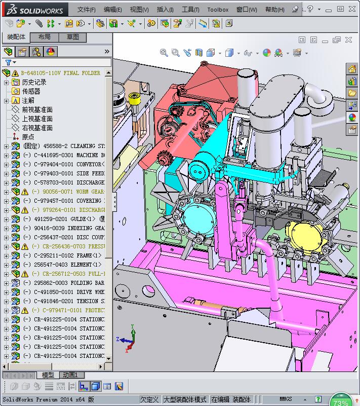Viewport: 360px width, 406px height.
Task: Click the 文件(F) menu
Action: (86, 9)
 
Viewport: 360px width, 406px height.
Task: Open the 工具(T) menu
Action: (190, 9)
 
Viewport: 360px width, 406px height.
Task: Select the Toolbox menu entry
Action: (218, 9)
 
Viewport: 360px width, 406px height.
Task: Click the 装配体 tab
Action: (16, 37)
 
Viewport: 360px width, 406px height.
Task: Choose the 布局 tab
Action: (45, 37)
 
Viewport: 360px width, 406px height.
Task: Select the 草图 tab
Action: (73, 37)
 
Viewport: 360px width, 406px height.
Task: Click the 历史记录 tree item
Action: (34, 82)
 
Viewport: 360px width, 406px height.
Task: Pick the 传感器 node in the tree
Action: (31, 91)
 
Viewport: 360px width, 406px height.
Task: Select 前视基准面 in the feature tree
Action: (37, 109)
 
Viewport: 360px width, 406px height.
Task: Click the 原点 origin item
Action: (28, 137)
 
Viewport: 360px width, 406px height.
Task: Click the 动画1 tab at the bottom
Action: (70, 375)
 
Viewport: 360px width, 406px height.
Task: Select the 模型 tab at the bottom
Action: (48, 375)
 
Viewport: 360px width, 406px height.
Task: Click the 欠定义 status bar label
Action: (150, 399)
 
